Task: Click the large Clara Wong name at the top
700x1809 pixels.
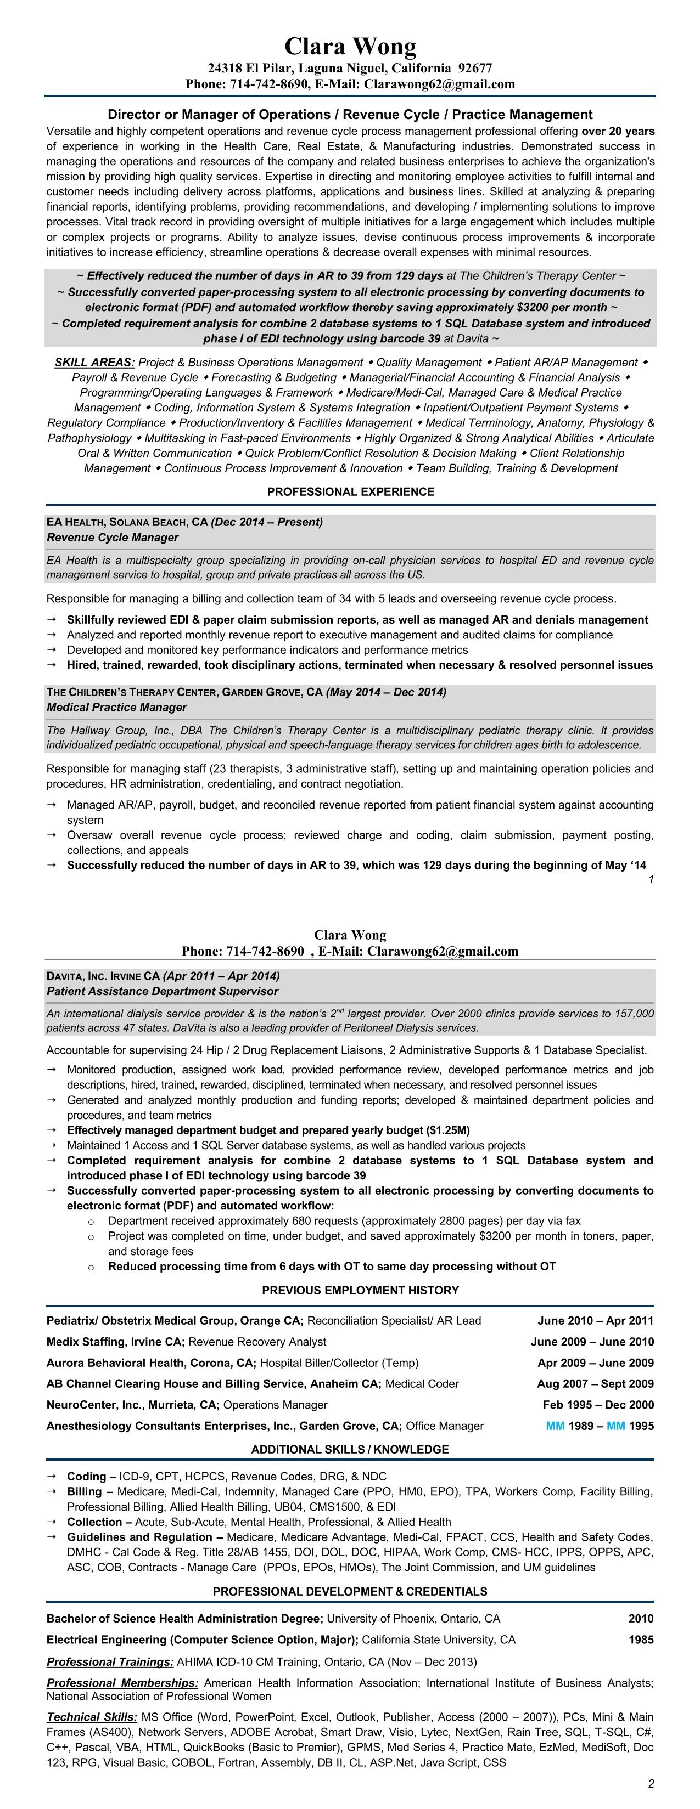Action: click(350, 46)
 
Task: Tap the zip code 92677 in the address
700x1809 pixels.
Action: click(475, 68)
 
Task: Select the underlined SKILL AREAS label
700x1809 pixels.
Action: click(95, 363)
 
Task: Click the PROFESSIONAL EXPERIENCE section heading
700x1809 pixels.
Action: click(350, 491)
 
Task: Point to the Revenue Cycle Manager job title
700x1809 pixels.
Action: click(113, 537)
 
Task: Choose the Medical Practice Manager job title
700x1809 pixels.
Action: click(116, 707)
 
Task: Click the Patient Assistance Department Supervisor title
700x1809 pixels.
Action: click(163, 991)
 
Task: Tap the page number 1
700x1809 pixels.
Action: click(651, 879)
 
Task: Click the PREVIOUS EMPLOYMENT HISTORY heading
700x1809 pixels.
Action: click(350, 1290)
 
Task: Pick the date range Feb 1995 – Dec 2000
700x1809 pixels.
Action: click(598, 1405)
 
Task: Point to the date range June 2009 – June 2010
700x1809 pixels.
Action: click(592, 1341)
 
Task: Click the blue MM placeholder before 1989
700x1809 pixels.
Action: click(555, 1426)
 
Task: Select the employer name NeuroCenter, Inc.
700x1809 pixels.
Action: click(96, 1405)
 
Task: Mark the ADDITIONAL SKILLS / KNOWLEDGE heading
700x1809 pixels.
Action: click(350, 1449)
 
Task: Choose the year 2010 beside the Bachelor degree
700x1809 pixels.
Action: click(641, 1619)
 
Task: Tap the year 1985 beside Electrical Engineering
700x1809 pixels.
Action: click(641, 1640)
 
